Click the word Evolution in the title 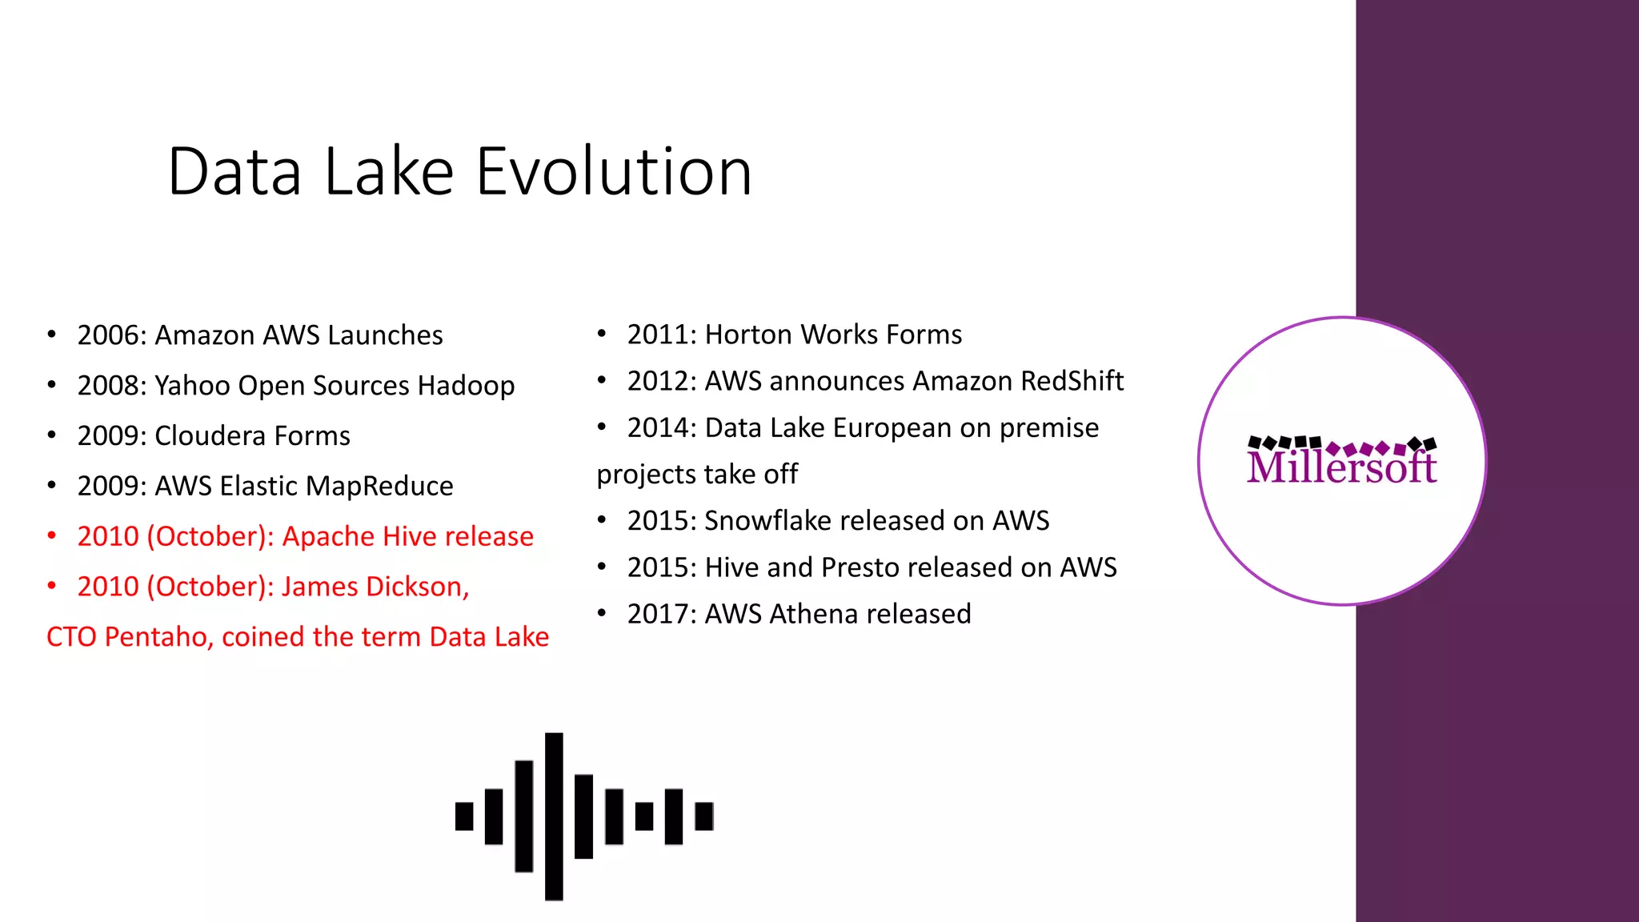pyautogui.click(x=614, y=172)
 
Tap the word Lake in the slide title pyautogui.click(x=389, y=172)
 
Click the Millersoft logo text pyautogui.click(x=1341, y=467)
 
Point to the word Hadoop pyautogui.click(x=466, y=386)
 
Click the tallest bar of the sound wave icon pyautogui.click(x=554, y=816)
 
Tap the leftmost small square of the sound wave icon pyautogui.click(x=464, y=816)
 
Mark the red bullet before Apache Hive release pyautogui.click(x=52, y=536)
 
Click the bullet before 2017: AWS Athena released pyautogui.click(x=602, y=614)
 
